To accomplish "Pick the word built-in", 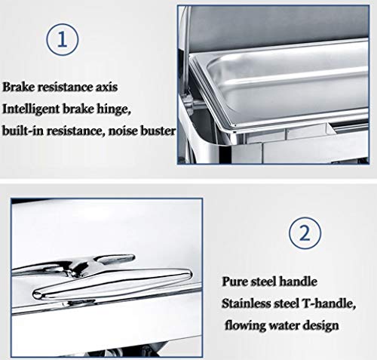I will (26, 131).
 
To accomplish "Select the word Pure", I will (234, 284).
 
